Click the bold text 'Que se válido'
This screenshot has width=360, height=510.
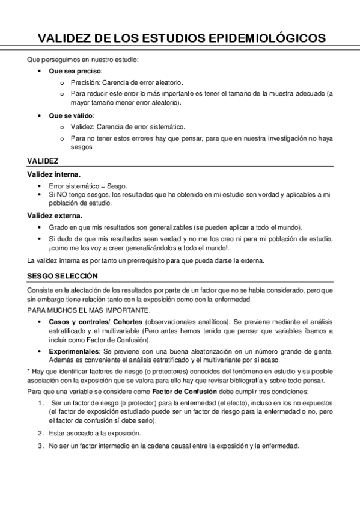pos(70,115)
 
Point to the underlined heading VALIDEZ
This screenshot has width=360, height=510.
pos(43,161)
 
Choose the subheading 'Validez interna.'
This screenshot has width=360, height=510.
pos(55,174)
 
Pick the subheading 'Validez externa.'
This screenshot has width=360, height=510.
pos(55,215)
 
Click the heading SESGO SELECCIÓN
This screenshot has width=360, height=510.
pos(62,276)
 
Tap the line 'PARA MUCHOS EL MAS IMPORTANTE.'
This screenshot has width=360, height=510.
pos(88,310)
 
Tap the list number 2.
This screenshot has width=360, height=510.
pos(40,433)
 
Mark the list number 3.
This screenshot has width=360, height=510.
pos(40,446)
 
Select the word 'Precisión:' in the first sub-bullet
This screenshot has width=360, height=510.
pos(85,82)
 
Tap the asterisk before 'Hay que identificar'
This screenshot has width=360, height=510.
pos(29,371)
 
